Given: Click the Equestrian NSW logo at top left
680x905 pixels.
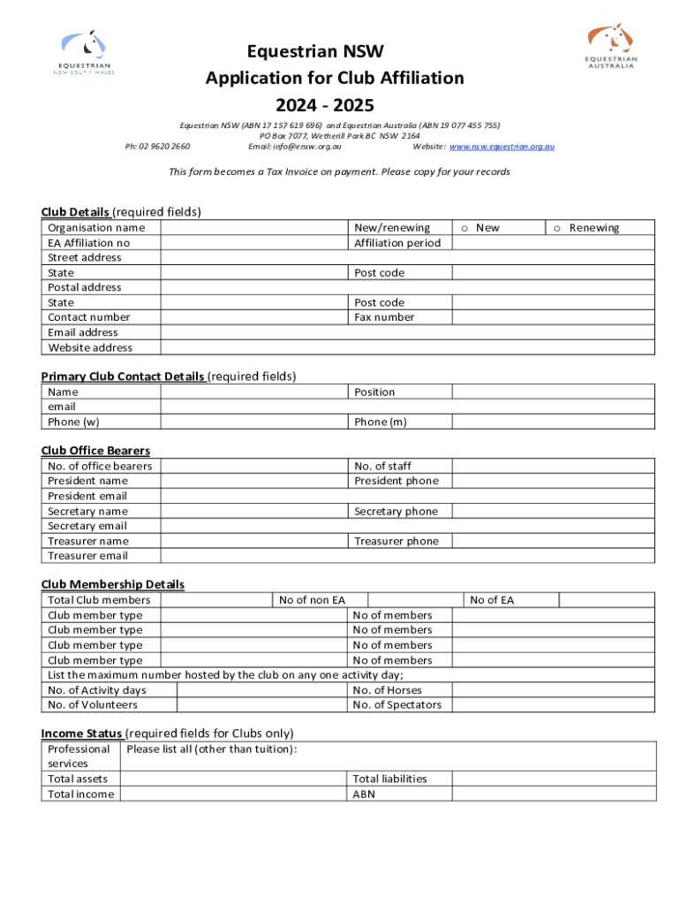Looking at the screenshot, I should tap(87, 53).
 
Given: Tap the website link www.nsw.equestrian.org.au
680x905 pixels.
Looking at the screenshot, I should tap(502, 147).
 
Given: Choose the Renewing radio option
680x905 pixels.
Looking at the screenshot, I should tap(557, 228).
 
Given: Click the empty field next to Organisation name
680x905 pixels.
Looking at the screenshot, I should tap(254, 228).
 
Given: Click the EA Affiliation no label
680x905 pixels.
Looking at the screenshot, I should tap(88, 243).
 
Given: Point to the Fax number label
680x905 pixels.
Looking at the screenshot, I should tap(384, 317).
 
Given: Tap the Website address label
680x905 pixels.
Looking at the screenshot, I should tap(90, 347).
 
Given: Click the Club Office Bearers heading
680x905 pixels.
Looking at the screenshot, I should tap(95, 451).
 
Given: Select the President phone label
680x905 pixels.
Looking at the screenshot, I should tap(396, 482).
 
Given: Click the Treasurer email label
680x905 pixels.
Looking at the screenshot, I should tap(87, 556).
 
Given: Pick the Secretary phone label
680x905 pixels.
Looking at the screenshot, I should tap(396, 512).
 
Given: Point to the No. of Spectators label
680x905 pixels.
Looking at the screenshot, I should tap(397, 705).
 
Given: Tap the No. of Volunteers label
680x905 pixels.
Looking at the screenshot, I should tap(93, 705).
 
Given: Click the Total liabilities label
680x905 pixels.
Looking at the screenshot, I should tap(389, 780).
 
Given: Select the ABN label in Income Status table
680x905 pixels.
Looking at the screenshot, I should tap(364, 795).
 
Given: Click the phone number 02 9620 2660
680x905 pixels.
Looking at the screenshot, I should tap(158, 147).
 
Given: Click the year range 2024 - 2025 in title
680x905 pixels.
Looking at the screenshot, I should tap(335, 106).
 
